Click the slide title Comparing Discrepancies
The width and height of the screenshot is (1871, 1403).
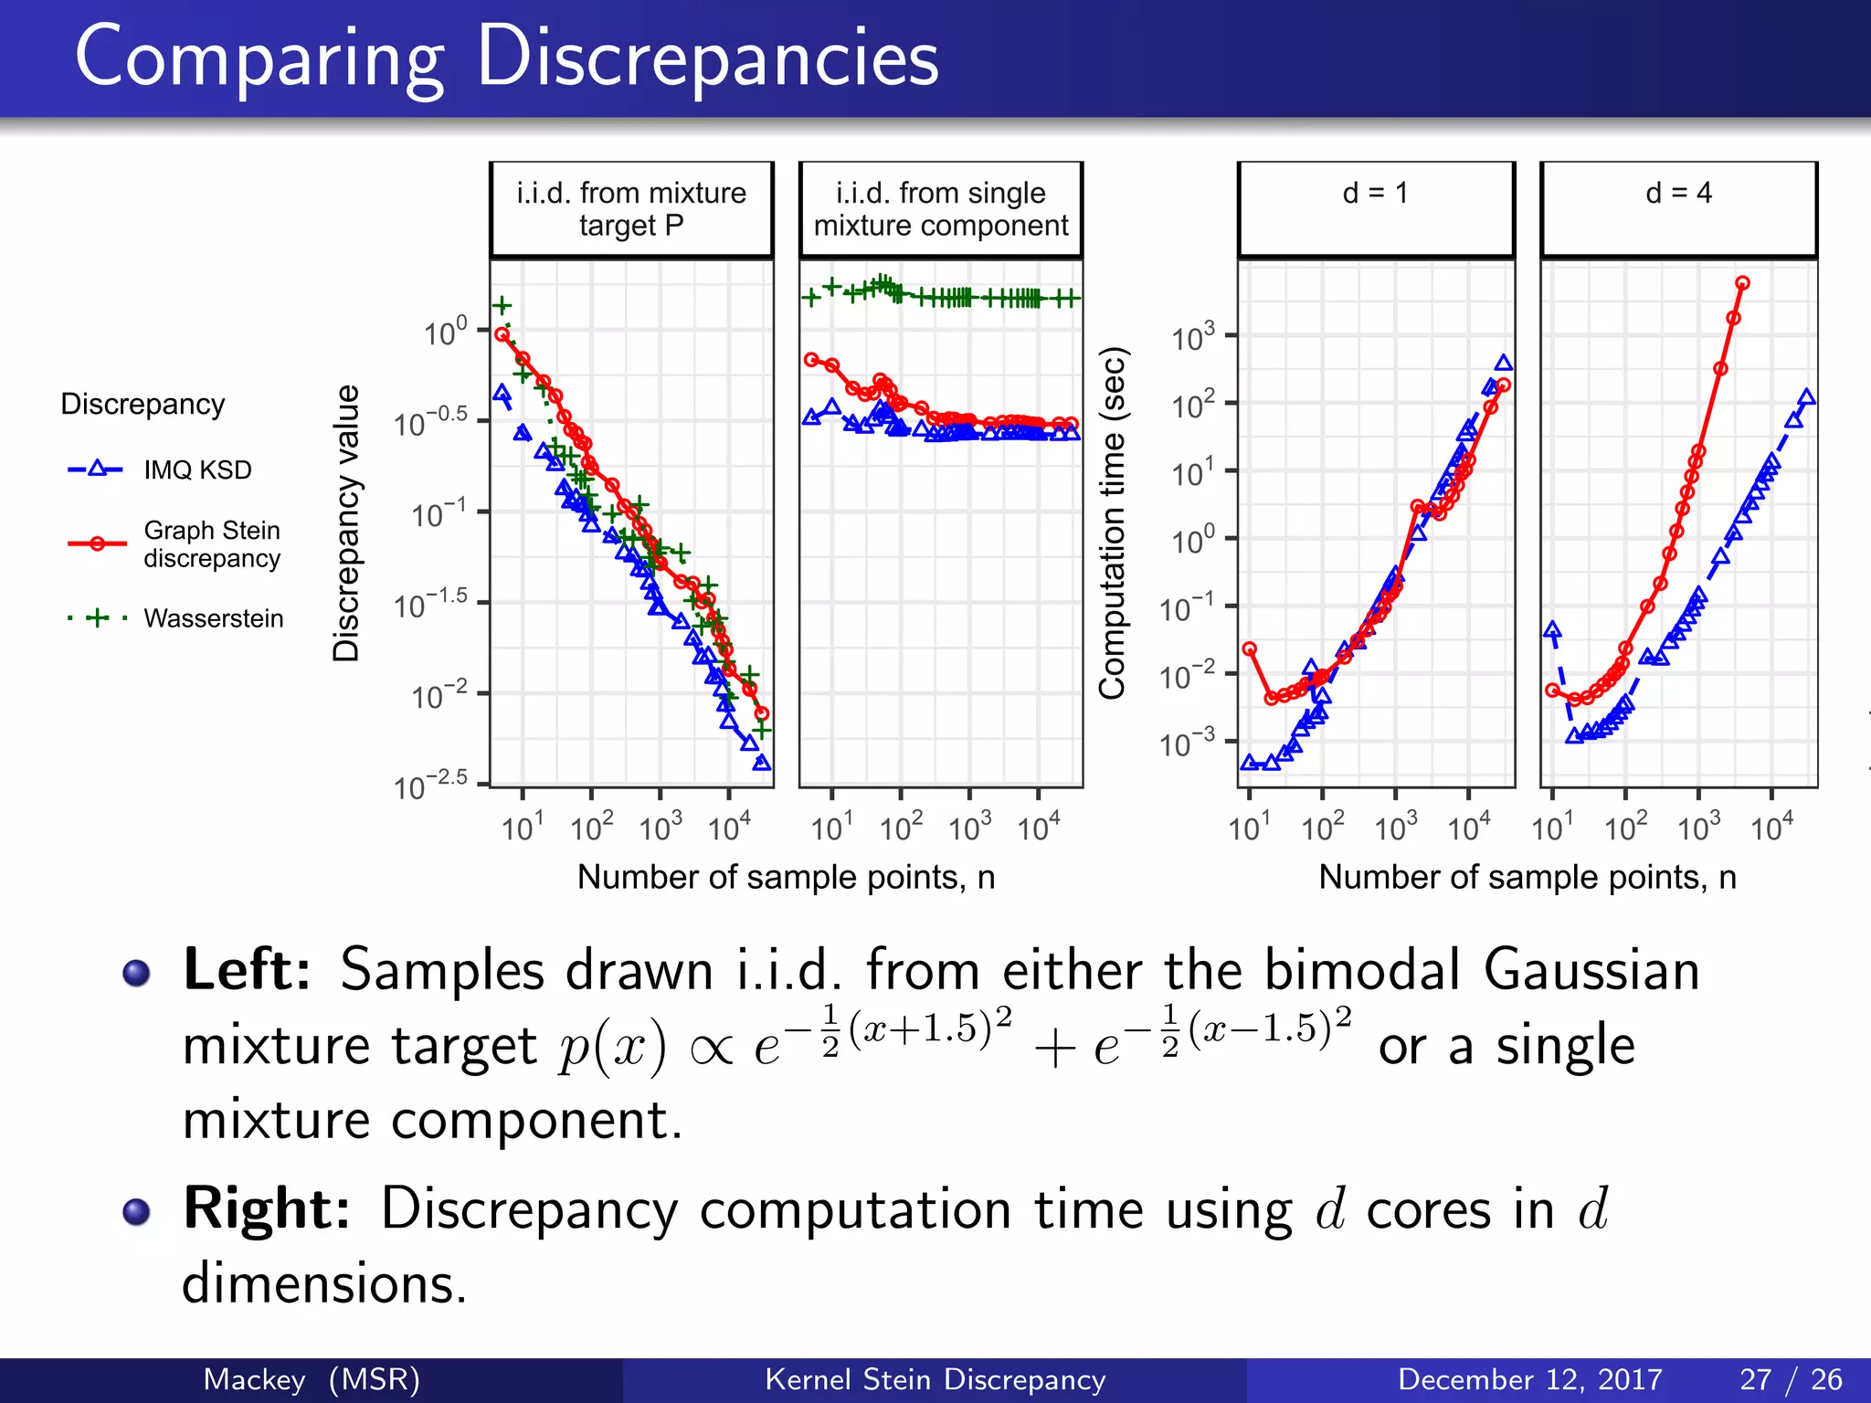[506, 58]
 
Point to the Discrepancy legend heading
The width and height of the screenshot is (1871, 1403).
[143, 404]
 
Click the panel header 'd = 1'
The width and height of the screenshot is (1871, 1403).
[1375, 194]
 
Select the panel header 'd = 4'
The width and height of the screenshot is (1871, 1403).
[1678, 194]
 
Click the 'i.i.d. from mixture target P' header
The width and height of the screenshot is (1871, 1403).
[630, 209]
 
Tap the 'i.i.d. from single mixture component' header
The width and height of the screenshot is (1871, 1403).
[940, 209]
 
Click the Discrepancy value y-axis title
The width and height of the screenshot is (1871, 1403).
[346, 522]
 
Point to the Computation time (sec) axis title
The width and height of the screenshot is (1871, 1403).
[1112, 522]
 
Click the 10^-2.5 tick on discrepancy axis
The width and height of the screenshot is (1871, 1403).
[430, 785]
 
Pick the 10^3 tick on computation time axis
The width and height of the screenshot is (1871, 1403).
[1193, 337]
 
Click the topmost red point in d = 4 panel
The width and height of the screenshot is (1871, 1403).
[1742, 283]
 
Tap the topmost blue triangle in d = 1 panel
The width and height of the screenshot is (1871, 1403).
[1503, 364]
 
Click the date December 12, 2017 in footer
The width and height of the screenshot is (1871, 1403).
[1529, 1379]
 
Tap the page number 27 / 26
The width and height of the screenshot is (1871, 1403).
[1791, 1379]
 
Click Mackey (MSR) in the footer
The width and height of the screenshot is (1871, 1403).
[312, 1379]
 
